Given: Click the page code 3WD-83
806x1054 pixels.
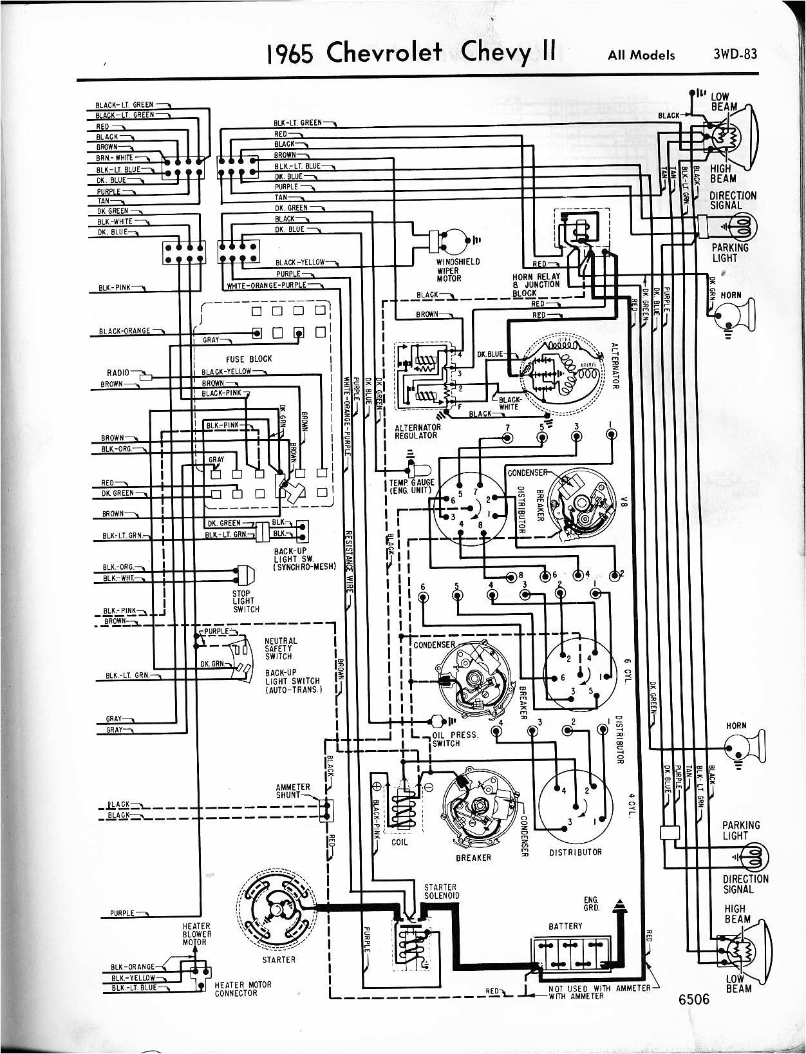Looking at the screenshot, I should tap(735, 54).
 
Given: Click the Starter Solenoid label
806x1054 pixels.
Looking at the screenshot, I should tap(441, 891).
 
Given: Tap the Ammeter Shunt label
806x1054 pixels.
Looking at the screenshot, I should tap(293, 791).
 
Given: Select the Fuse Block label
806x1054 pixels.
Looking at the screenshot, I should tap(248, 359).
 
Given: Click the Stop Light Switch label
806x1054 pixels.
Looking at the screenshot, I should tap(246, 601).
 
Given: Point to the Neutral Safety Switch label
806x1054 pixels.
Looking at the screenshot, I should tap(281, 648).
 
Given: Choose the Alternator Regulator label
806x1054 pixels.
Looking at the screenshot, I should tap(418, 431).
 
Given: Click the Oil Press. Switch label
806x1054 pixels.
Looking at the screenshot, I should tap(455, 739).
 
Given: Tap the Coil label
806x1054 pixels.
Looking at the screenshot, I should tap(399, 842).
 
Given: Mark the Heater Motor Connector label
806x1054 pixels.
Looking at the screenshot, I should tap(243, 988).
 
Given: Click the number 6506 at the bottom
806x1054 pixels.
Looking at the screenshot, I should tap(693, 999).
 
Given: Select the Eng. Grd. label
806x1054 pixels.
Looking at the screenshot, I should tap(591, 904).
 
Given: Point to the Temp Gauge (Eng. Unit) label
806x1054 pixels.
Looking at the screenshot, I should tap(412, 486).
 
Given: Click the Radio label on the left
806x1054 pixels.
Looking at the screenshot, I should tap(118, 373).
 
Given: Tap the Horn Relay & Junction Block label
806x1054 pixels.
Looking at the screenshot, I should tap(536, 285).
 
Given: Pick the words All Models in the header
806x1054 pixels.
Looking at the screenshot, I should tap(641, 55).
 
